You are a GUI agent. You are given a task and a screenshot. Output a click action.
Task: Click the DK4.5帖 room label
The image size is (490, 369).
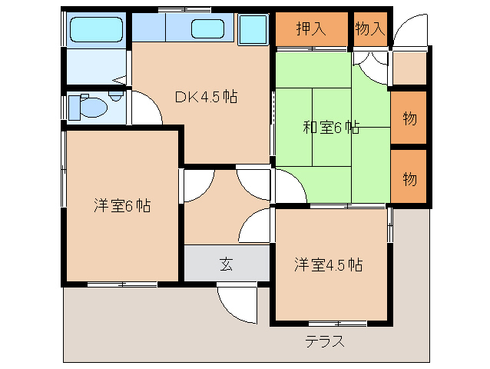(205, 97)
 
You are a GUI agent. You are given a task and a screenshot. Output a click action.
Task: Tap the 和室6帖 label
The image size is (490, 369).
(330, 128)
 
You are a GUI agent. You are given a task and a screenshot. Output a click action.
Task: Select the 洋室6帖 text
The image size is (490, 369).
(122, 206)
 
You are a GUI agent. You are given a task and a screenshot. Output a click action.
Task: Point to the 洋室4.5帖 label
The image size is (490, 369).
(329, 265)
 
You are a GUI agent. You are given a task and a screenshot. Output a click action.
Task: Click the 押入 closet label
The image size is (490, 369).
(311, 29)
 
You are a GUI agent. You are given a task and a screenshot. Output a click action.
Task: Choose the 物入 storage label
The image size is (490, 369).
(370, 29)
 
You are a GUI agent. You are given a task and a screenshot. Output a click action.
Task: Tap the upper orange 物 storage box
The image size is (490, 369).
(409, 118)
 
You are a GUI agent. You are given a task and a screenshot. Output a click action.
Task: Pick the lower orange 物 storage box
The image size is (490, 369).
(409, 178)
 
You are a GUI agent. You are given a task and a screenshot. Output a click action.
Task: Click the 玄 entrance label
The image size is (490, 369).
(227, 264)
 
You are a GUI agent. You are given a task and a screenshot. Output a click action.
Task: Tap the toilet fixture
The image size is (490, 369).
(86, 107)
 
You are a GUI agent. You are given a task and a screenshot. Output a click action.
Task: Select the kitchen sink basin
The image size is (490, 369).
(207, 31)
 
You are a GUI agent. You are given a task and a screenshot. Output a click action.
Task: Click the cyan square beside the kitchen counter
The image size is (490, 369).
(252, 32)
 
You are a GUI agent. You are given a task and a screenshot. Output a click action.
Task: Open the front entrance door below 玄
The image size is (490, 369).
(237, 301)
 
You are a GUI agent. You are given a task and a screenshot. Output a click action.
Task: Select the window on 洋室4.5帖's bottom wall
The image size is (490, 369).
(337, 323)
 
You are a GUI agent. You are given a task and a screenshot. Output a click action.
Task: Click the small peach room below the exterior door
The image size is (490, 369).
(408, 68)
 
